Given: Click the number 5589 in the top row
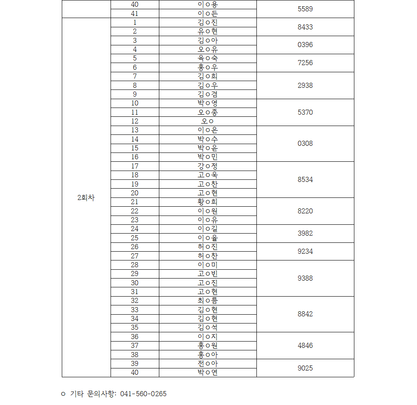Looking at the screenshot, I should point(305,9).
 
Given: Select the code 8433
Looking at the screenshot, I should point(305,27).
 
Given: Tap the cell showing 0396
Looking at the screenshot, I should point(305,45).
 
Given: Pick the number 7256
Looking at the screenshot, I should point(305,63).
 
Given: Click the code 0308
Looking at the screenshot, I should point(305,144).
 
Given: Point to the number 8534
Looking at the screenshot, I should point(305,180).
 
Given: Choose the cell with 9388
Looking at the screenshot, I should point(305,279).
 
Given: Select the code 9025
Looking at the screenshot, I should point(305,368).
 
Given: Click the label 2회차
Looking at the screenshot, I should point(86,198).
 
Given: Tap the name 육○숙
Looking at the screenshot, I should point(208,58).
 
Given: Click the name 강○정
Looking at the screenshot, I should point(208,166).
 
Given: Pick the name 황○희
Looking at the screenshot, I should point(208,202).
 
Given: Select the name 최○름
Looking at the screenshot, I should point(208,301).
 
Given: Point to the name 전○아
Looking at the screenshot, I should point(208,363).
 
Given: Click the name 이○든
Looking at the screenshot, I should point(208,13).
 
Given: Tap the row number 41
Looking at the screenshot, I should point(135,13).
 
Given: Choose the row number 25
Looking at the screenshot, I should point(135,238).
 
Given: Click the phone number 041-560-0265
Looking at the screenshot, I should point(143,394).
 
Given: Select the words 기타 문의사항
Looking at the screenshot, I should point(93,394).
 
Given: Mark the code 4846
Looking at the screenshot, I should point(305,346).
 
